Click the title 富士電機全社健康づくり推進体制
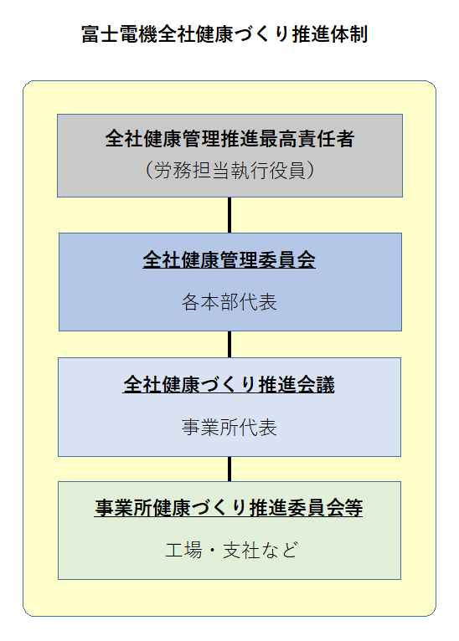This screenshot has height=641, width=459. (x=224, y=34)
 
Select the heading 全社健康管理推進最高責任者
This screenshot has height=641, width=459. (x=229, y=139)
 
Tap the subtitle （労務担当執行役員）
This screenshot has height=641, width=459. (x=229, y=170)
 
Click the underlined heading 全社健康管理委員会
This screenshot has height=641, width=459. (x=229, y=260)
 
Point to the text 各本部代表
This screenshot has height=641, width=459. (x=229, y=303)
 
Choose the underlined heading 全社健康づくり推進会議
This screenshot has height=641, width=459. (x=229, y=385)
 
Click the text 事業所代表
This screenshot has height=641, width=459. (x=229, y=428)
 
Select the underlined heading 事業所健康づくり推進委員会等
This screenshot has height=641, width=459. (x=229, y=508)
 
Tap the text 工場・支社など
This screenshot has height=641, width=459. (x=231, y=551)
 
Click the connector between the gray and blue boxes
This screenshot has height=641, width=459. (x=229, y=215)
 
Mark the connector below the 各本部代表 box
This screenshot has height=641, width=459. (x=229, y=344)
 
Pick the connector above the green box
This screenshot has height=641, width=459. (x=229, y=469)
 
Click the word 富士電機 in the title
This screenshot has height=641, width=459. (x=120, y=34)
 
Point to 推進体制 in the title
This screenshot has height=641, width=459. (x=330, y=34)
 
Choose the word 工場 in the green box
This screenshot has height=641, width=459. (x=183, y=551)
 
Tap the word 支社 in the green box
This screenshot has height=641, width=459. (x=241, y=551)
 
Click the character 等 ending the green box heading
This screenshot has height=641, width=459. (x=353, y=508)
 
